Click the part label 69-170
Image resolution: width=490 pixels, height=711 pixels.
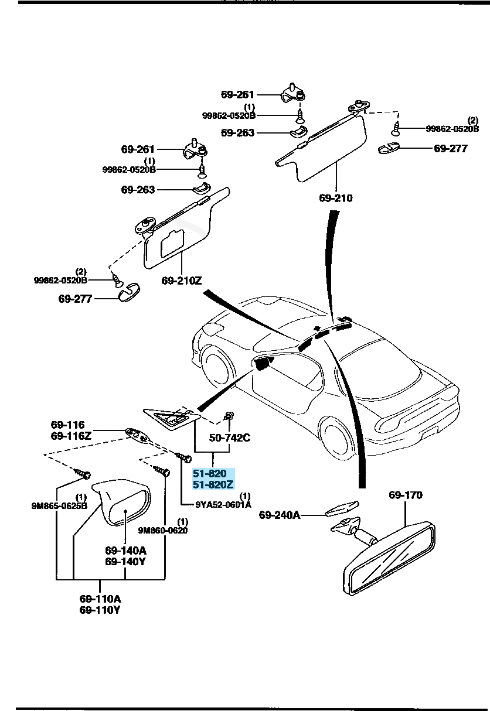coord(405,495)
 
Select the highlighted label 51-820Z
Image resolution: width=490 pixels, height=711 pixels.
coord(213,484)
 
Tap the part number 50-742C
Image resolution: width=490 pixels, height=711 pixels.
coord(230,437)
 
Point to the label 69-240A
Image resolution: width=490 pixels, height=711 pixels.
coord(279,515)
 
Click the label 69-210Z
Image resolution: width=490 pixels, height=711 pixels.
coord(182,281)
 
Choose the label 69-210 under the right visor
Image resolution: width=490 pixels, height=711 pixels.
coord(336,198)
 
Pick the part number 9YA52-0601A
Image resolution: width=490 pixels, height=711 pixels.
coord(223,504)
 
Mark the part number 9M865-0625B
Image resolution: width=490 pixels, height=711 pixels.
coord(59,506)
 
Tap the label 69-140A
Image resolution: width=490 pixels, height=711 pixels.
coord(125,551)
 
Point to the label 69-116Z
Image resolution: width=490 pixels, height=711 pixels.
coord(71,436)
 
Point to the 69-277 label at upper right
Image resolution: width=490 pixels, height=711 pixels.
coord(451,149)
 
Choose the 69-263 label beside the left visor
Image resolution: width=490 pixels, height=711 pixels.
coord(138,190)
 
